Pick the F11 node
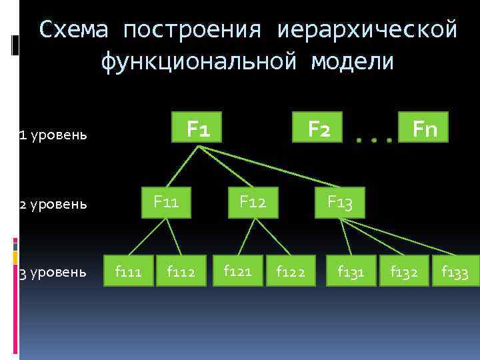(166, 201)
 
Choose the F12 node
(253, 201)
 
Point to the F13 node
(339, 202)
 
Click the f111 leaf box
(128, 271)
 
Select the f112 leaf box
(181, 271)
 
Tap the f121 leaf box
(237, 271)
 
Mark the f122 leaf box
(291, 271)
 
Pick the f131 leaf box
(351, 271)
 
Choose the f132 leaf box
(404, 271)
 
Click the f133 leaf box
(455, 271)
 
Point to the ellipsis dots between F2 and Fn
(373, 141)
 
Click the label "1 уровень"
(53, 135)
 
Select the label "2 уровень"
(53, 203)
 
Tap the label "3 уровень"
(53, 272)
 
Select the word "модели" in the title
(352, 61)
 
